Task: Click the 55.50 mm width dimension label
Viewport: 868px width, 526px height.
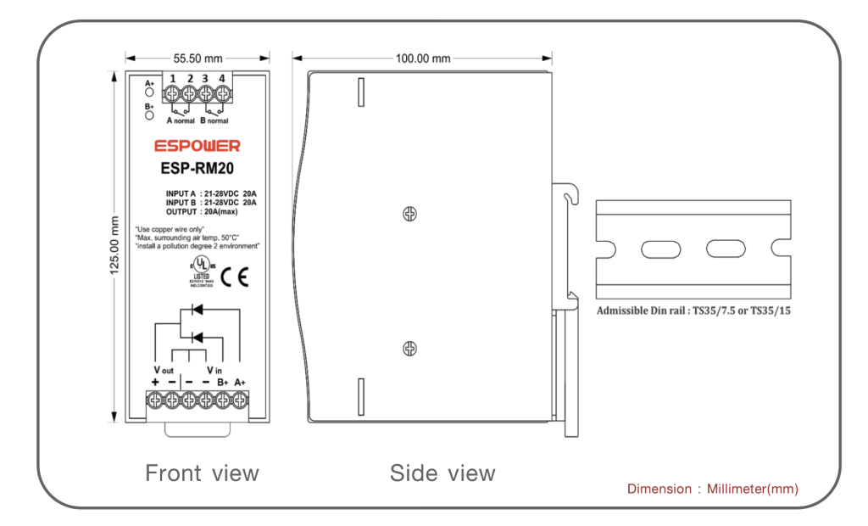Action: point(198,59)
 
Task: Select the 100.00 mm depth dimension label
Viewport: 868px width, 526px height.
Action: point(422,59)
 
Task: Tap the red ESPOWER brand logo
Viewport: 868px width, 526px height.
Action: point(197,146)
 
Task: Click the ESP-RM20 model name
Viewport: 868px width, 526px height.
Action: point(198,168)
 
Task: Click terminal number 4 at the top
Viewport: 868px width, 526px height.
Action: point(222,79)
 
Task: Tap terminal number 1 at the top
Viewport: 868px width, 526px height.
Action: point(173,79)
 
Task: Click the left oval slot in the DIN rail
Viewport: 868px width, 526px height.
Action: point(659,249)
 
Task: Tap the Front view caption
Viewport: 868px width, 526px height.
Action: point(202,473)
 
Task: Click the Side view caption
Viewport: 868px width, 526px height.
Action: point(442,473)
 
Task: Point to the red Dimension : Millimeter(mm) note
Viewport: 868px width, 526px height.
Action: point(712,489)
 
